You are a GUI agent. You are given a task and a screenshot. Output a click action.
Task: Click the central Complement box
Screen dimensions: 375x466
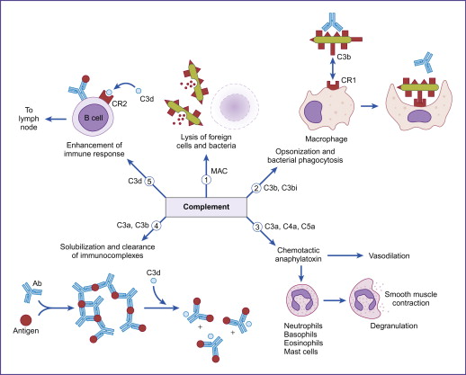[207, 206]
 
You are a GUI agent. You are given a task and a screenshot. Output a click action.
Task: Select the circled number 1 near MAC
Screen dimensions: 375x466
[206, 178]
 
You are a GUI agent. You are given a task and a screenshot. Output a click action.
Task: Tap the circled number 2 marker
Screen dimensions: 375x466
[255, 188]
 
